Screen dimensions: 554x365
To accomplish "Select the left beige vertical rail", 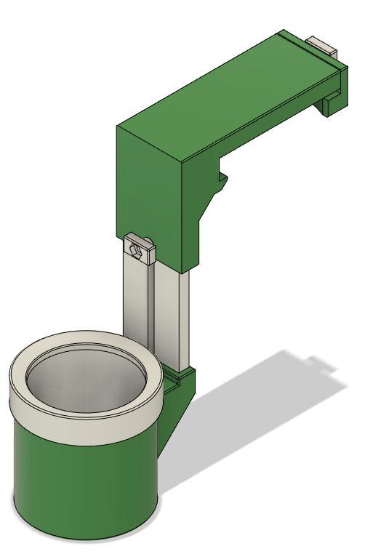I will point(136,305).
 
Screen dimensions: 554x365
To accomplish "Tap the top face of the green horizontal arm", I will point(225,95).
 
